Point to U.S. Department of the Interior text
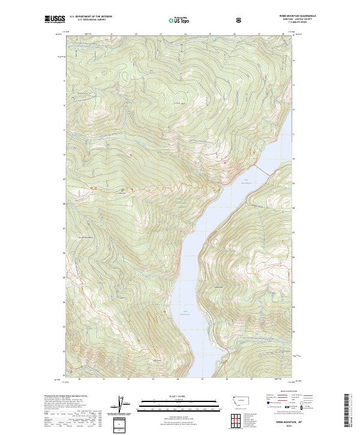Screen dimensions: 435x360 tap(91, 17)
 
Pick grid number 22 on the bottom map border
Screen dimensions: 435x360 tap(128, 379)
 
